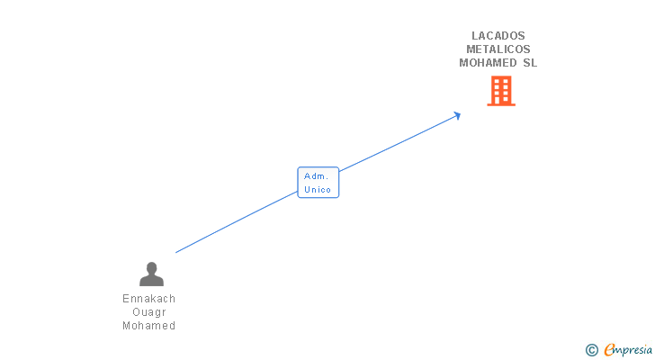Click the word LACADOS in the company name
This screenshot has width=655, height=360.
[x=498, y=36]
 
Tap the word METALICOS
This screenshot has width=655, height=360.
[x=498, y=49]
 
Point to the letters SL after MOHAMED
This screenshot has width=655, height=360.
[x=530, y=63]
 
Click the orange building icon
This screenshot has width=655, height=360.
[x=501, y=91]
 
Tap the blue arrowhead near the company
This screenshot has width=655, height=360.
[x=457, y=114]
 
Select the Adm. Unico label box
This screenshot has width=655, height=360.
[x=319, y=183]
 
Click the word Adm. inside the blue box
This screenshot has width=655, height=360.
[x=317, y=175]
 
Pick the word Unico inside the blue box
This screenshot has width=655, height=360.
[x=318, y=190]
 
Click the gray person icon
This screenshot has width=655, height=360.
[x=151, y=274]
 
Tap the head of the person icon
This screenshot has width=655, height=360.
[x=151, y=267]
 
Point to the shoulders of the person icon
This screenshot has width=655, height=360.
[x=151, y=281]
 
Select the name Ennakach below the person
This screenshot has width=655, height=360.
[x=149, y=299]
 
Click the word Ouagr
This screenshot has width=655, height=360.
[x=149, y=312]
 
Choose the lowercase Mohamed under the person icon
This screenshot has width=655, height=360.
[x=149, y=326]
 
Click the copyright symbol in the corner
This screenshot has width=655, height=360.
[x=591, y=350]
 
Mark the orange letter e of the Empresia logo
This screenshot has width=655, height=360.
[x=609, y=350]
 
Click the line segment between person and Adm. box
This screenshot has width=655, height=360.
[x=236, y=222]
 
